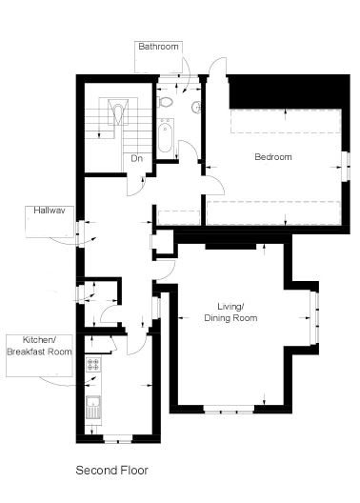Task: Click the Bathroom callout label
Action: pyautogui.click(x=158, y=46)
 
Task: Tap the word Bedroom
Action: pyautogui.click(x=273, y=157)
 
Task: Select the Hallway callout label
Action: pyautogui.click(x=50, y=211)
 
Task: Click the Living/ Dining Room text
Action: pyautogui.click(x=230, y=312)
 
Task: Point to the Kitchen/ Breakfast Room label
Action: pyautogui.click(x=39, y=346)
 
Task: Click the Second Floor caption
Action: pyautogui.click(x=111, y=471)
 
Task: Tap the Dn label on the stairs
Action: pyautogui.click(x=136, y=158)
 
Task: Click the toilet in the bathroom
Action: pyautogui.click(x=165, y=102)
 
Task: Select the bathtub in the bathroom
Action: pyautogui.click(x=165, y=135)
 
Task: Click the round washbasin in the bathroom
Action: pyautogui.click(x=196, y=107)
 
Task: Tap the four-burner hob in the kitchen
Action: pyautogui.click(x=93, y=364)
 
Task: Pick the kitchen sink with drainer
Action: pyautogui.click(x=93, y=408)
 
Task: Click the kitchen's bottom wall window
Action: pyautogui.click(x=118, y=439)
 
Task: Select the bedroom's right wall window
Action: pyautogui.click(x=346, y=167)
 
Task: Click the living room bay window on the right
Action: pyautogui.click(x=314, y=317)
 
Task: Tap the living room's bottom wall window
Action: pyautogui.click(x=229, y=409)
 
